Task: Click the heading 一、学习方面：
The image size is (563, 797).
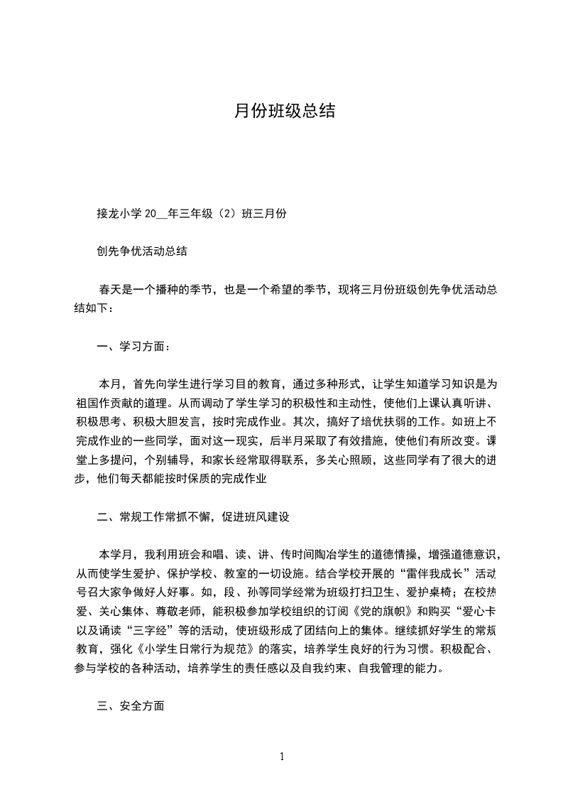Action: (x=133, y=347)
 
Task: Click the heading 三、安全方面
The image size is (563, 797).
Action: (x=131, y=706)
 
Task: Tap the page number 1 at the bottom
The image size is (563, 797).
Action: (x=282, y=757)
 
